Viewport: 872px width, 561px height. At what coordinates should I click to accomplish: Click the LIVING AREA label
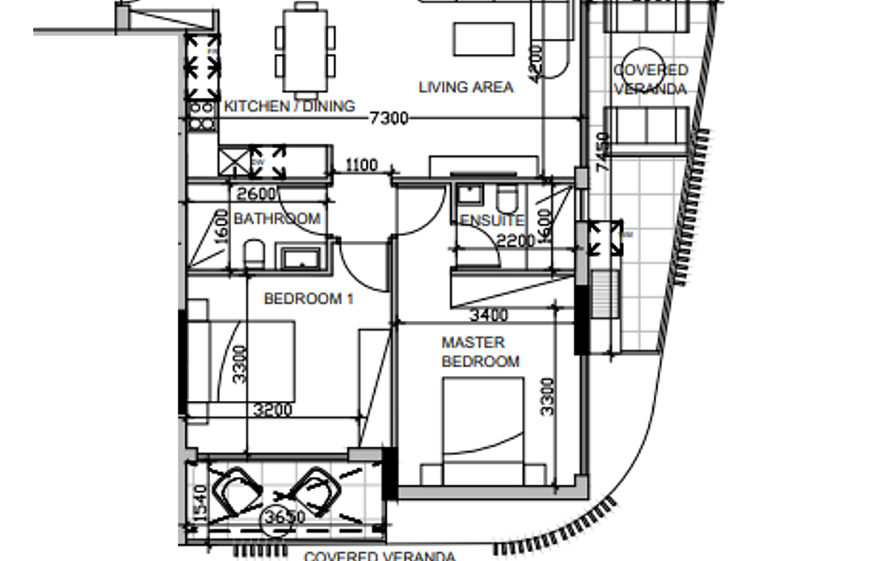[465, 87]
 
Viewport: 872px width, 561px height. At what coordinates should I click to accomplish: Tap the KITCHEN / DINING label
[289, 106]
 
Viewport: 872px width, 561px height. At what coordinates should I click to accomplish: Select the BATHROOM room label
[276, 218]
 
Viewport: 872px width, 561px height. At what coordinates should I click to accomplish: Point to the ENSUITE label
[491, 221]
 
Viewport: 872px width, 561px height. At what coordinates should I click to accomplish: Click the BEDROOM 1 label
[309, 299]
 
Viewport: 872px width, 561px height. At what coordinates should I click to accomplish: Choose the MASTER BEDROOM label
[480, 352]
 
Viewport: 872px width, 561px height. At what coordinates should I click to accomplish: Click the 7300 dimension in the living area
[388, 119]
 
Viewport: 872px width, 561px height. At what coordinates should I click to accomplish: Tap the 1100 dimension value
[360, 166]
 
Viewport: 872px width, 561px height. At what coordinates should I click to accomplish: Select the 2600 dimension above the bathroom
[258, 193]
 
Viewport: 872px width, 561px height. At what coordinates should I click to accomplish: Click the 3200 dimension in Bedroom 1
[272, 410]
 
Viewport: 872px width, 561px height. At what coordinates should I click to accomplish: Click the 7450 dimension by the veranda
[602, 152]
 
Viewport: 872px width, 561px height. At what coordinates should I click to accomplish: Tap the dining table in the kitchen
[305, 49]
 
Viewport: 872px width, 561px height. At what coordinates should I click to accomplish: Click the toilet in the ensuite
[507, 199]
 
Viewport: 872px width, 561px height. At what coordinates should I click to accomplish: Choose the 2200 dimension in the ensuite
[515, 240]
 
